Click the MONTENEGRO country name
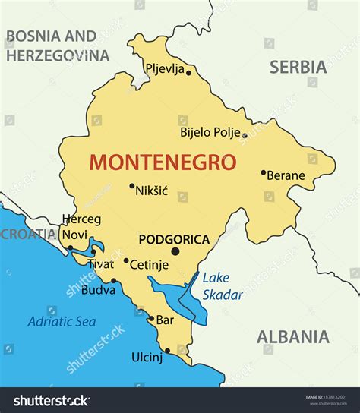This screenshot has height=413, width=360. point(163,162)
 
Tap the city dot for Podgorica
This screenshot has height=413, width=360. point(175,251)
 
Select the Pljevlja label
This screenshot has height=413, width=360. point(165,69)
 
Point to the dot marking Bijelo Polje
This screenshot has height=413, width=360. point(244,136)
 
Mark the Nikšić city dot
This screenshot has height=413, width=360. point(131,186)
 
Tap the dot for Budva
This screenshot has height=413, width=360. point(113,281)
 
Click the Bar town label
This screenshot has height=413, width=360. point(165,320)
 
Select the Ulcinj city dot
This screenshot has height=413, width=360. point(168,352)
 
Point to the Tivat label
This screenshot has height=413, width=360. point(100,264)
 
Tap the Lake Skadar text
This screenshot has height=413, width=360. point(222,286)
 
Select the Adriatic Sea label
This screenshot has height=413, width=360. point(62,321)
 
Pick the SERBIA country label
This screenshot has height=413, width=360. point(298,67)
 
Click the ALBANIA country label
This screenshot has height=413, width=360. point(292,337)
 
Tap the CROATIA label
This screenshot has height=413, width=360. point(27,234)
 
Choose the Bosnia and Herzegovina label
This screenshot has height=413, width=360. point(57,46)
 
